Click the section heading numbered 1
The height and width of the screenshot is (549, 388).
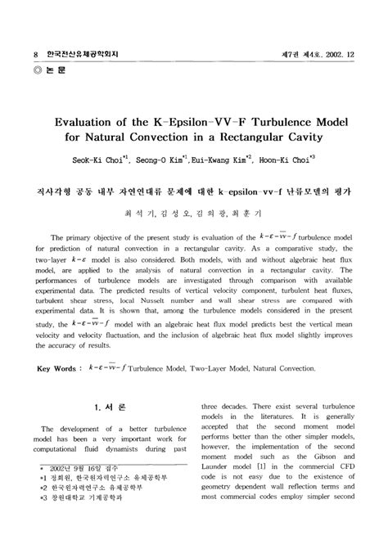coord(107,406)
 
